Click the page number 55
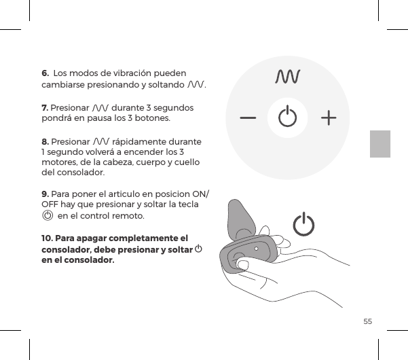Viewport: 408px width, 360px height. (x=367, y=320)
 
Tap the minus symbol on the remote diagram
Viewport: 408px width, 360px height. (x=248, y=118)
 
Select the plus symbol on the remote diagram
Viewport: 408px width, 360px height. (x=329, y=118)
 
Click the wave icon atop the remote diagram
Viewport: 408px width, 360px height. (x=288, y=76)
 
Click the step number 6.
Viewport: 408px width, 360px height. (x=45, y=72)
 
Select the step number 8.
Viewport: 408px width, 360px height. (x=45, y=141)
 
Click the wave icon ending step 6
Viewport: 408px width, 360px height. (x=196, y=85)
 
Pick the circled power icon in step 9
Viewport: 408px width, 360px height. (x=48, y=215)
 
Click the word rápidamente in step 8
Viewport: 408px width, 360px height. (x=141, y=141)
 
